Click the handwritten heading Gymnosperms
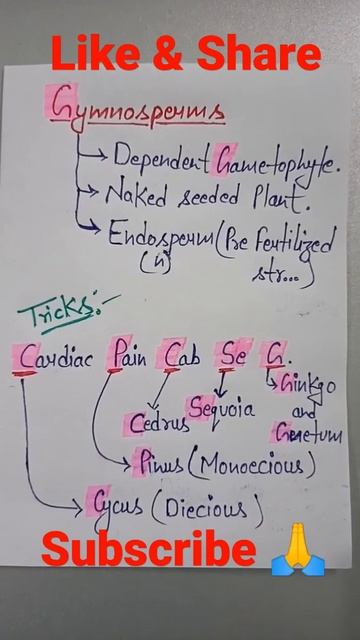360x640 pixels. click(138, 107)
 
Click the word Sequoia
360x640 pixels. click(221, 408)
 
